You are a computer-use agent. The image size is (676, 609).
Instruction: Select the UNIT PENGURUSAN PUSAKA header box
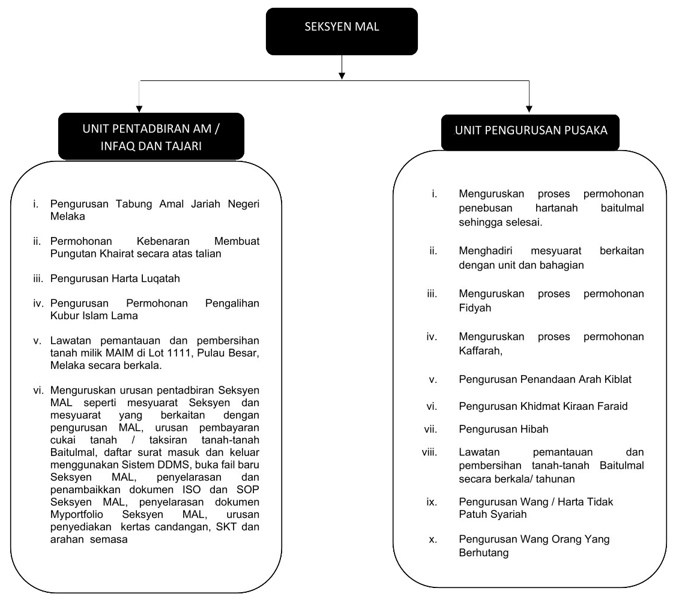[531, 130]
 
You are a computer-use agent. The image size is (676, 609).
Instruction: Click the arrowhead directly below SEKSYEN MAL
[342, 75]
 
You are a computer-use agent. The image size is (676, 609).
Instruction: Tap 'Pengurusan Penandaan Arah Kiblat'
[545, 379]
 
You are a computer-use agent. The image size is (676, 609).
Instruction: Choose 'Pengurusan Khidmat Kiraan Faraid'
[543, 406]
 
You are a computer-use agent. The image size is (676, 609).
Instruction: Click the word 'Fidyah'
[474, 308]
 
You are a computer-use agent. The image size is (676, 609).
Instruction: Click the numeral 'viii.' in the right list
[430, 452]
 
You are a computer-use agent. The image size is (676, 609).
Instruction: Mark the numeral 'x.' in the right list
[432, 539]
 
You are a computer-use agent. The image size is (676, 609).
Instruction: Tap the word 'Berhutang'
[483, 553]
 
